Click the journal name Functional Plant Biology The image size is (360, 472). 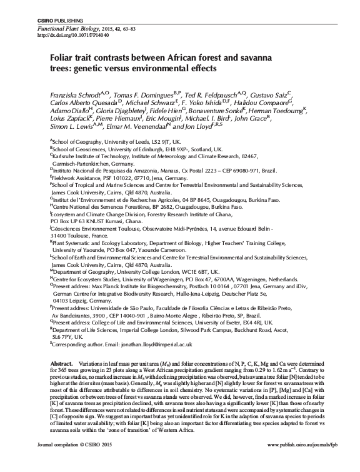(x=71, y=29)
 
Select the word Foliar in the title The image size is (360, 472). (x=62, y=56)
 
